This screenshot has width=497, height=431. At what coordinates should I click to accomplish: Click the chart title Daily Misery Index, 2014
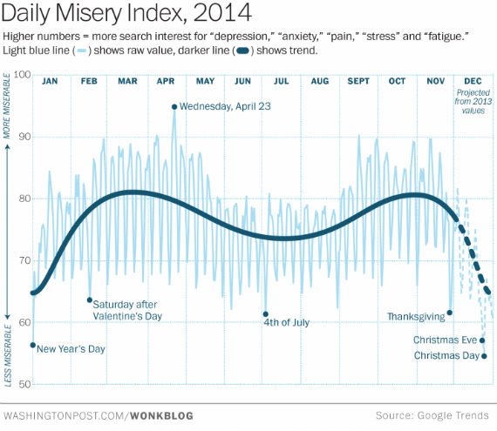point(128,15)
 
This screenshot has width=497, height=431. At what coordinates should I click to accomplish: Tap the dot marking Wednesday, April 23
point(174,107)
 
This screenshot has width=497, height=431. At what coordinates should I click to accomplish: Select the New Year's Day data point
point(33,346)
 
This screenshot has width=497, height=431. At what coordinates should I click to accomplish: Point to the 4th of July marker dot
point(265,314)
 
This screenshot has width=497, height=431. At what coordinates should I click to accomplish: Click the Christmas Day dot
point(484,356)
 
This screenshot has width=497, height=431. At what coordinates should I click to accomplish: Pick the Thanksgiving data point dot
point(449,313)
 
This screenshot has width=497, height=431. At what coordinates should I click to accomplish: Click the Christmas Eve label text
point(446,340)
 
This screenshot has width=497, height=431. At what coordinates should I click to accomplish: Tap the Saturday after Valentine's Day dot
point(90,300)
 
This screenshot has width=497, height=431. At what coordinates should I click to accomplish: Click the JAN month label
point(50,81)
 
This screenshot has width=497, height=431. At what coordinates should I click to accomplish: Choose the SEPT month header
point(358,81)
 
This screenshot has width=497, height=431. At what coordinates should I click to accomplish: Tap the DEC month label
point(473,81)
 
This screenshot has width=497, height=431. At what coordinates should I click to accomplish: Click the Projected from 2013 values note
point(473,101)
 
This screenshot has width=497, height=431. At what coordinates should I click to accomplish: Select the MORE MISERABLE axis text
point(8,110)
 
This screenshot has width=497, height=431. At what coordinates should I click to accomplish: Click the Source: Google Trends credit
point(432,415)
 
